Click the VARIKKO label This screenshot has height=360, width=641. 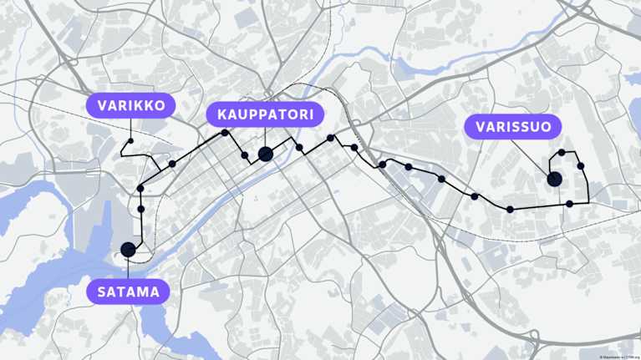click(x=131, y=105)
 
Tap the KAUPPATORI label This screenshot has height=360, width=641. click(x=265, y=114)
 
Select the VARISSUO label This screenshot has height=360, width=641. click(x=513, y=127)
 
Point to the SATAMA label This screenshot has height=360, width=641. click(x=128, y=292)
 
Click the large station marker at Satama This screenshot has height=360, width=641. click(x=128, y=249)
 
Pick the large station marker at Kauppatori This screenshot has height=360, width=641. click(x=265, y=154)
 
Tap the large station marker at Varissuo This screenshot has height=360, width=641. click(x=553, y=179)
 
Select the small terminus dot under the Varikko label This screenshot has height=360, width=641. click(x=130, y=141)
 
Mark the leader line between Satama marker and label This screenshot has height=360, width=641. click(x=128, y=268)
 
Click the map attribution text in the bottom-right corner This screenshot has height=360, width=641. click(x=619, y=357)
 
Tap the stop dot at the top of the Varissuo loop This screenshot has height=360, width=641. click(x=562, y=153)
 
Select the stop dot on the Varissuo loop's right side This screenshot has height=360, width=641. click(x=580, y=165)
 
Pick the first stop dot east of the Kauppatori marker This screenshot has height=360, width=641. click(x=299, y=148)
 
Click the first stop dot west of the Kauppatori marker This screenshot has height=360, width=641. click(x=245, y=155)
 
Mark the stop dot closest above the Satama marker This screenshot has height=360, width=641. click(x=141, y=209)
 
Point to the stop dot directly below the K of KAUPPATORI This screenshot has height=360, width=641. click(x=225, y=133)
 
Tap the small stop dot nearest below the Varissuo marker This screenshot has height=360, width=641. click(x=569, y=204)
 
